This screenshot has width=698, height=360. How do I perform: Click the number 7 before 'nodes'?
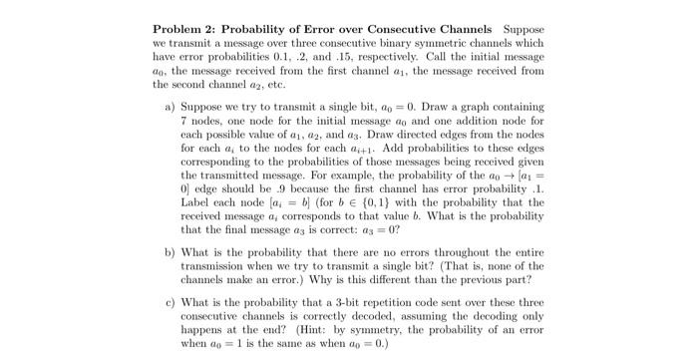(183, 119)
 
